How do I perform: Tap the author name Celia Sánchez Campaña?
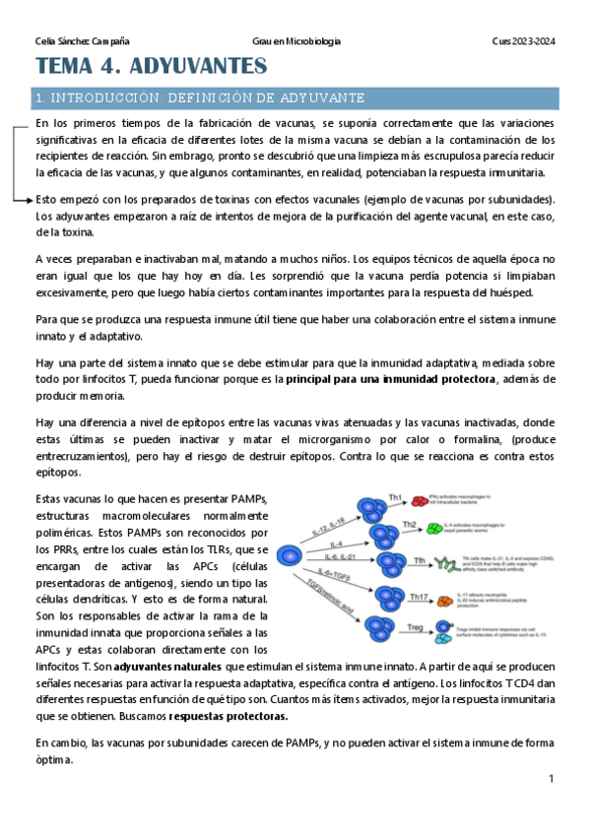click(x=81, y=40)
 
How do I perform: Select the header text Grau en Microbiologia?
click(x=296, y=40)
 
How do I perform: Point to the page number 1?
click(x=552, y=779)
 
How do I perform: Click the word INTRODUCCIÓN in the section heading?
click(x=96, y=98)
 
